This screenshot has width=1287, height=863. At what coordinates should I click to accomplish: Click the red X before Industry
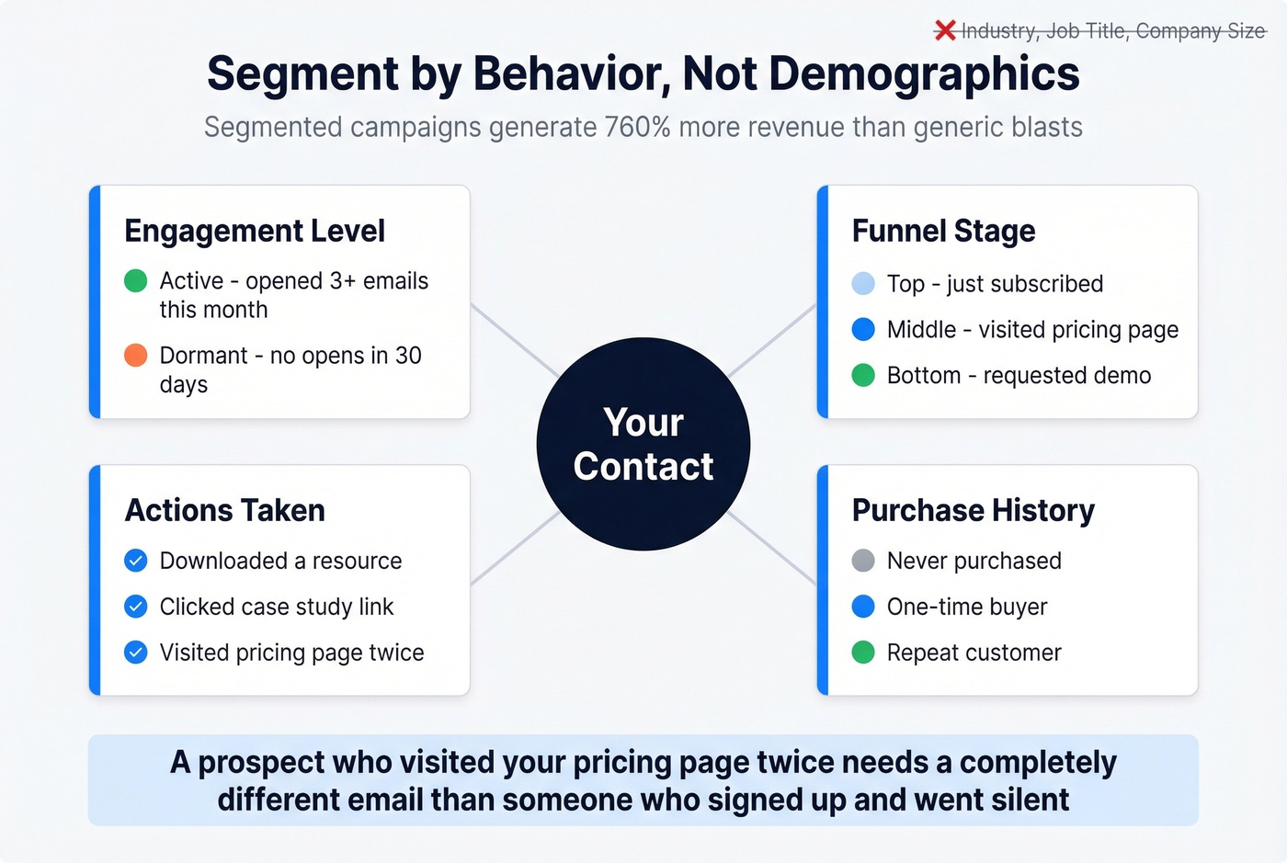click(945, 30)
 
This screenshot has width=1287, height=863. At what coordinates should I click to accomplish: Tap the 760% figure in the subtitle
click(637, 127)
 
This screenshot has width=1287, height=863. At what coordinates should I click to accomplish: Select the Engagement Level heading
click(255, 231)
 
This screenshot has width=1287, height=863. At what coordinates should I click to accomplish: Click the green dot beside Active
click(136, 280)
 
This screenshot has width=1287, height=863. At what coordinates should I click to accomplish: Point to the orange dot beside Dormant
click(136, 355)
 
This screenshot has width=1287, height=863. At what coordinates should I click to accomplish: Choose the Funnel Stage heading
click(943, 231)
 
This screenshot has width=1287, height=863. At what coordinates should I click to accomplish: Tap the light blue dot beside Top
click(863, 283)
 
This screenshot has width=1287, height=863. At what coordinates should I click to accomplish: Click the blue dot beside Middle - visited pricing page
click(863, 329)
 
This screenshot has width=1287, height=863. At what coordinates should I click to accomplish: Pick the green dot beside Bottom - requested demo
click(863, 375)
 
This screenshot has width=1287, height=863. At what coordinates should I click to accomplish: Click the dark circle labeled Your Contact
click(643, 444)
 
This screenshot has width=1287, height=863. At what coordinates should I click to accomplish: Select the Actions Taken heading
click(225, 510)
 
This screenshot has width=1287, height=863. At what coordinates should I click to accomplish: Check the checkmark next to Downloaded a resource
click(136, 561)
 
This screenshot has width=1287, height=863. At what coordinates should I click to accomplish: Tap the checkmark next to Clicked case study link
click(136, 607)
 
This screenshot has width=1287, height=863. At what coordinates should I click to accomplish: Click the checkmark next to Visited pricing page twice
click(136, 653)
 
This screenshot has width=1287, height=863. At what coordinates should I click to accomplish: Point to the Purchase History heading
click(973, 510)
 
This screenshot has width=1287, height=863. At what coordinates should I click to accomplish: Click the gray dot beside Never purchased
click(863, 561)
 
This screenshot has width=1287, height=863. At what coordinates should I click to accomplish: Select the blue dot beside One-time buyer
click(863, 607)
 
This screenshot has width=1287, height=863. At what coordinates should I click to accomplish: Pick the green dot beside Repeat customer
click(863, 653)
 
